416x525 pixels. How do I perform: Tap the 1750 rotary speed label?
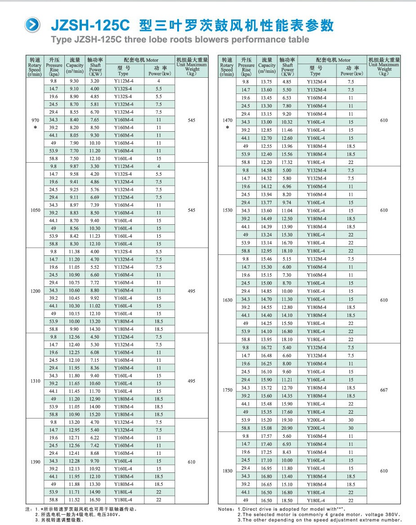[x=228, y=390]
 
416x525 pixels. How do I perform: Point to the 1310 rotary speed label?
[x=36, y=381]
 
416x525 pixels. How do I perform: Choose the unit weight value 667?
[x=384, y=390]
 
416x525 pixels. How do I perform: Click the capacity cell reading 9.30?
[x=74, y=81]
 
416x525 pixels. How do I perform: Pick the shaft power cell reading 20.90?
[x=287, y=428]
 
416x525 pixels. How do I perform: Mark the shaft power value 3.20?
[x=95, y=81]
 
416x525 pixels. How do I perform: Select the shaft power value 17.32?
[x=287, y=162]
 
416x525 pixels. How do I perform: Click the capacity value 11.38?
[x=74, y=252]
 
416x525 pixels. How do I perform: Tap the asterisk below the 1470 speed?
[x=228, y=128]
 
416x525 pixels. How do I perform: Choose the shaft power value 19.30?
[x=287, y=420]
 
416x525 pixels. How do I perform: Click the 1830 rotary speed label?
[x=228, y=471]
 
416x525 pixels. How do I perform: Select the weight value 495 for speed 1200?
[x=192, y=291]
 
